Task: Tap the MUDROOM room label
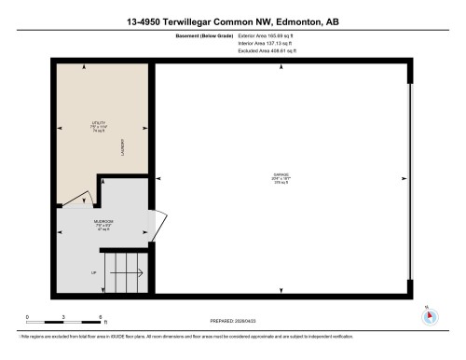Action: point(103,223)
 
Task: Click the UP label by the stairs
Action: point(93,272)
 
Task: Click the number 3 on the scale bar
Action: point(62,318)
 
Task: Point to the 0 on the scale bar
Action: point(27,318)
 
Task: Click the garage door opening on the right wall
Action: point(408,179)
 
